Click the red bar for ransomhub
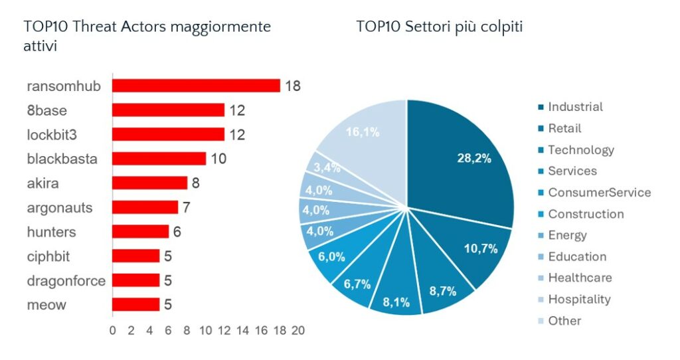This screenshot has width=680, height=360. [x=196, y=86]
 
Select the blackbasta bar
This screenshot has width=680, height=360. [x=159, y=159]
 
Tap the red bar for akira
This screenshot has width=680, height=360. [x=149, y=183]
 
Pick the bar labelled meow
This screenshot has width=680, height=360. [x=135, y=304]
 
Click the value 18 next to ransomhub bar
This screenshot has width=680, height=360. [x=293, y=86]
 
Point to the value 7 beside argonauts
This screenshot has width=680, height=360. [x=187, y=208]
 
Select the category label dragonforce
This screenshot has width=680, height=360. [x=66, y=280]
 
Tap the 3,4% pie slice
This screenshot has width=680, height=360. [x=327, y=167]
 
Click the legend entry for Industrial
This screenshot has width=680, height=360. [x=574, y=107]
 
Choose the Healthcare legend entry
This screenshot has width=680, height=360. [x=579, y=278]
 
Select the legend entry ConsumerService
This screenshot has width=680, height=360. [x=598, y=193]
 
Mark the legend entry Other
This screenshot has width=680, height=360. [x=564, y=321]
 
